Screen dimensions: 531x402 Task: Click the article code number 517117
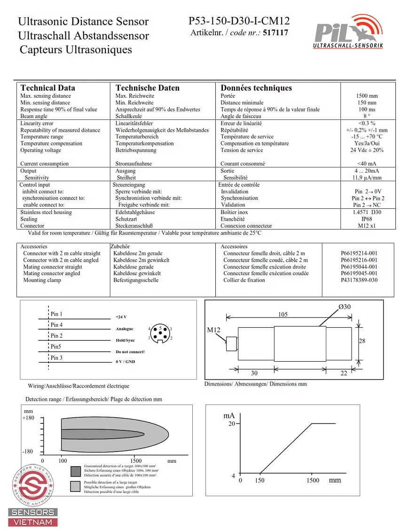point(276,33)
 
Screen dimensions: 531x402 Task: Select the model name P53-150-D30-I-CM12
point(239,21)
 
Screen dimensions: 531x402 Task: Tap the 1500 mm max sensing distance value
point(367,96)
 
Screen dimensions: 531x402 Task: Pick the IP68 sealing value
point(367,219)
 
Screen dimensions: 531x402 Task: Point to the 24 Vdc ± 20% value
point(367,151)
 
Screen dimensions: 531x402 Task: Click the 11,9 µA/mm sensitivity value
point(367,178)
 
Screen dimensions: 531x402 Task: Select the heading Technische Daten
point(148,88)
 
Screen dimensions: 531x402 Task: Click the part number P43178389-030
point(359,280)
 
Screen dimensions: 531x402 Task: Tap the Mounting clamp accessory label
point(42,280)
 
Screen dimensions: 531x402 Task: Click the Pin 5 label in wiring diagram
point(56,347)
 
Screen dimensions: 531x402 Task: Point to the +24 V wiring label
point(121,317)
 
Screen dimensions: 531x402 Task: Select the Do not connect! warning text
point(130,352)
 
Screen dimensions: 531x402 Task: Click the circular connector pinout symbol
point(160,333)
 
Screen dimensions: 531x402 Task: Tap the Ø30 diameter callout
point(345,307)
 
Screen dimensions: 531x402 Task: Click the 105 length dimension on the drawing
point(282,314)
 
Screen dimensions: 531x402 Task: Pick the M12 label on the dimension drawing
point(214,330)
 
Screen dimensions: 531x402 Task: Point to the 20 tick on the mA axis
point(231,424)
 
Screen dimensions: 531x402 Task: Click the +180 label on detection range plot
point(28,418)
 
